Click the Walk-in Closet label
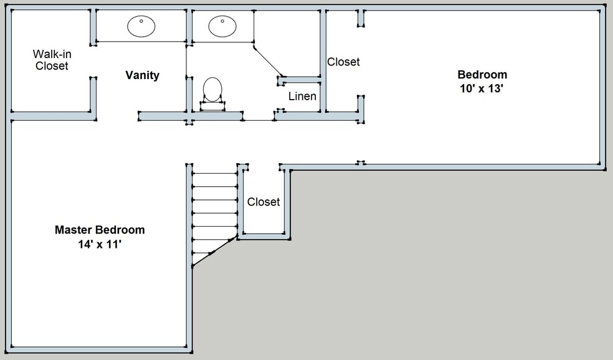51,60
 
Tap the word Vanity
142,75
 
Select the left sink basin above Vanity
141,26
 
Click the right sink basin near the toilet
222,26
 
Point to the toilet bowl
212,89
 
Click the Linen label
302,97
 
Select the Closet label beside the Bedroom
343,62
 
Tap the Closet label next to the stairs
264,202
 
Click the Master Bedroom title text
100,230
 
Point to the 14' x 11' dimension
100,245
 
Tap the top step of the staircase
214,173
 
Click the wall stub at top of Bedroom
361,18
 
